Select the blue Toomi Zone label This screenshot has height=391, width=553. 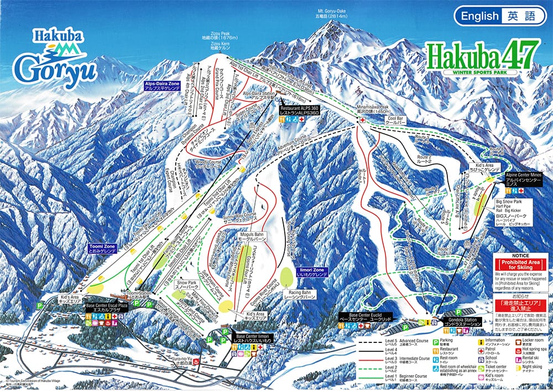(103, 247)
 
